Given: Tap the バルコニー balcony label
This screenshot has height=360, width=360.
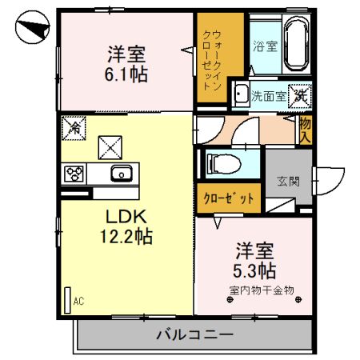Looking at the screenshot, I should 194,333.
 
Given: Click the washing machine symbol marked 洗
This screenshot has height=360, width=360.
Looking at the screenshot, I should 299,94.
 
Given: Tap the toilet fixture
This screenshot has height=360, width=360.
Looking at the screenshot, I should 223,164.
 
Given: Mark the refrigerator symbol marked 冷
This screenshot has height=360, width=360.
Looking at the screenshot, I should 74,126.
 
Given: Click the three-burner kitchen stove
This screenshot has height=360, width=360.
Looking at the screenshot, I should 74,173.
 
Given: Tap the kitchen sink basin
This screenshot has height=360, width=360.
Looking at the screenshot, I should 122,173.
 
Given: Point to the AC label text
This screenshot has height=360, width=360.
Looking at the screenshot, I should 78,302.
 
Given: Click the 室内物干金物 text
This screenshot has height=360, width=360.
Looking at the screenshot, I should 262,289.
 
